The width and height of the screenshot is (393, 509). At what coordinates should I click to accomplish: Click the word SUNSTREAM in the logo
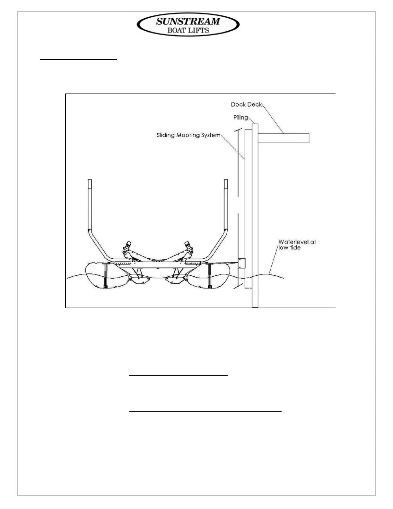point(188,22)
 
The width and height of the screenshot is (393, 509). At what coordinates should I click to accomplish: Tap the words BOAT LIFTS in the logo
point(188,31)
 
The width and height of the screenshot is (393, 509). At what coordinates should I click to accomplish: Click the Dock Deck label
point(246,104)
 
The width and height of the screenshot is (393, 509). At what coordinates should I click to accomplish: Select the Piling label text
point(240,118)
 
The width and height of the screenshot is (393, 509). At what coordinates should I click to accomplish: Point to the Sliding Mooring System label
point(188,135)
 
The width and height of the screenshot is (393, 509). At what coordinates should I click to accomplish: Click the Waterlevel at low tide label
point(297,245)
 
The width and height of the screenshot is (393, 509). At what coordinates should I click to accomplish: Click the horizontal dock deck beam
point(283,138)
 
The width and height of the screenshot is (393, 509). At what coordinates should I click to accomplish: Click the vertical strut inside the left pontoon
point(105,275)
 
